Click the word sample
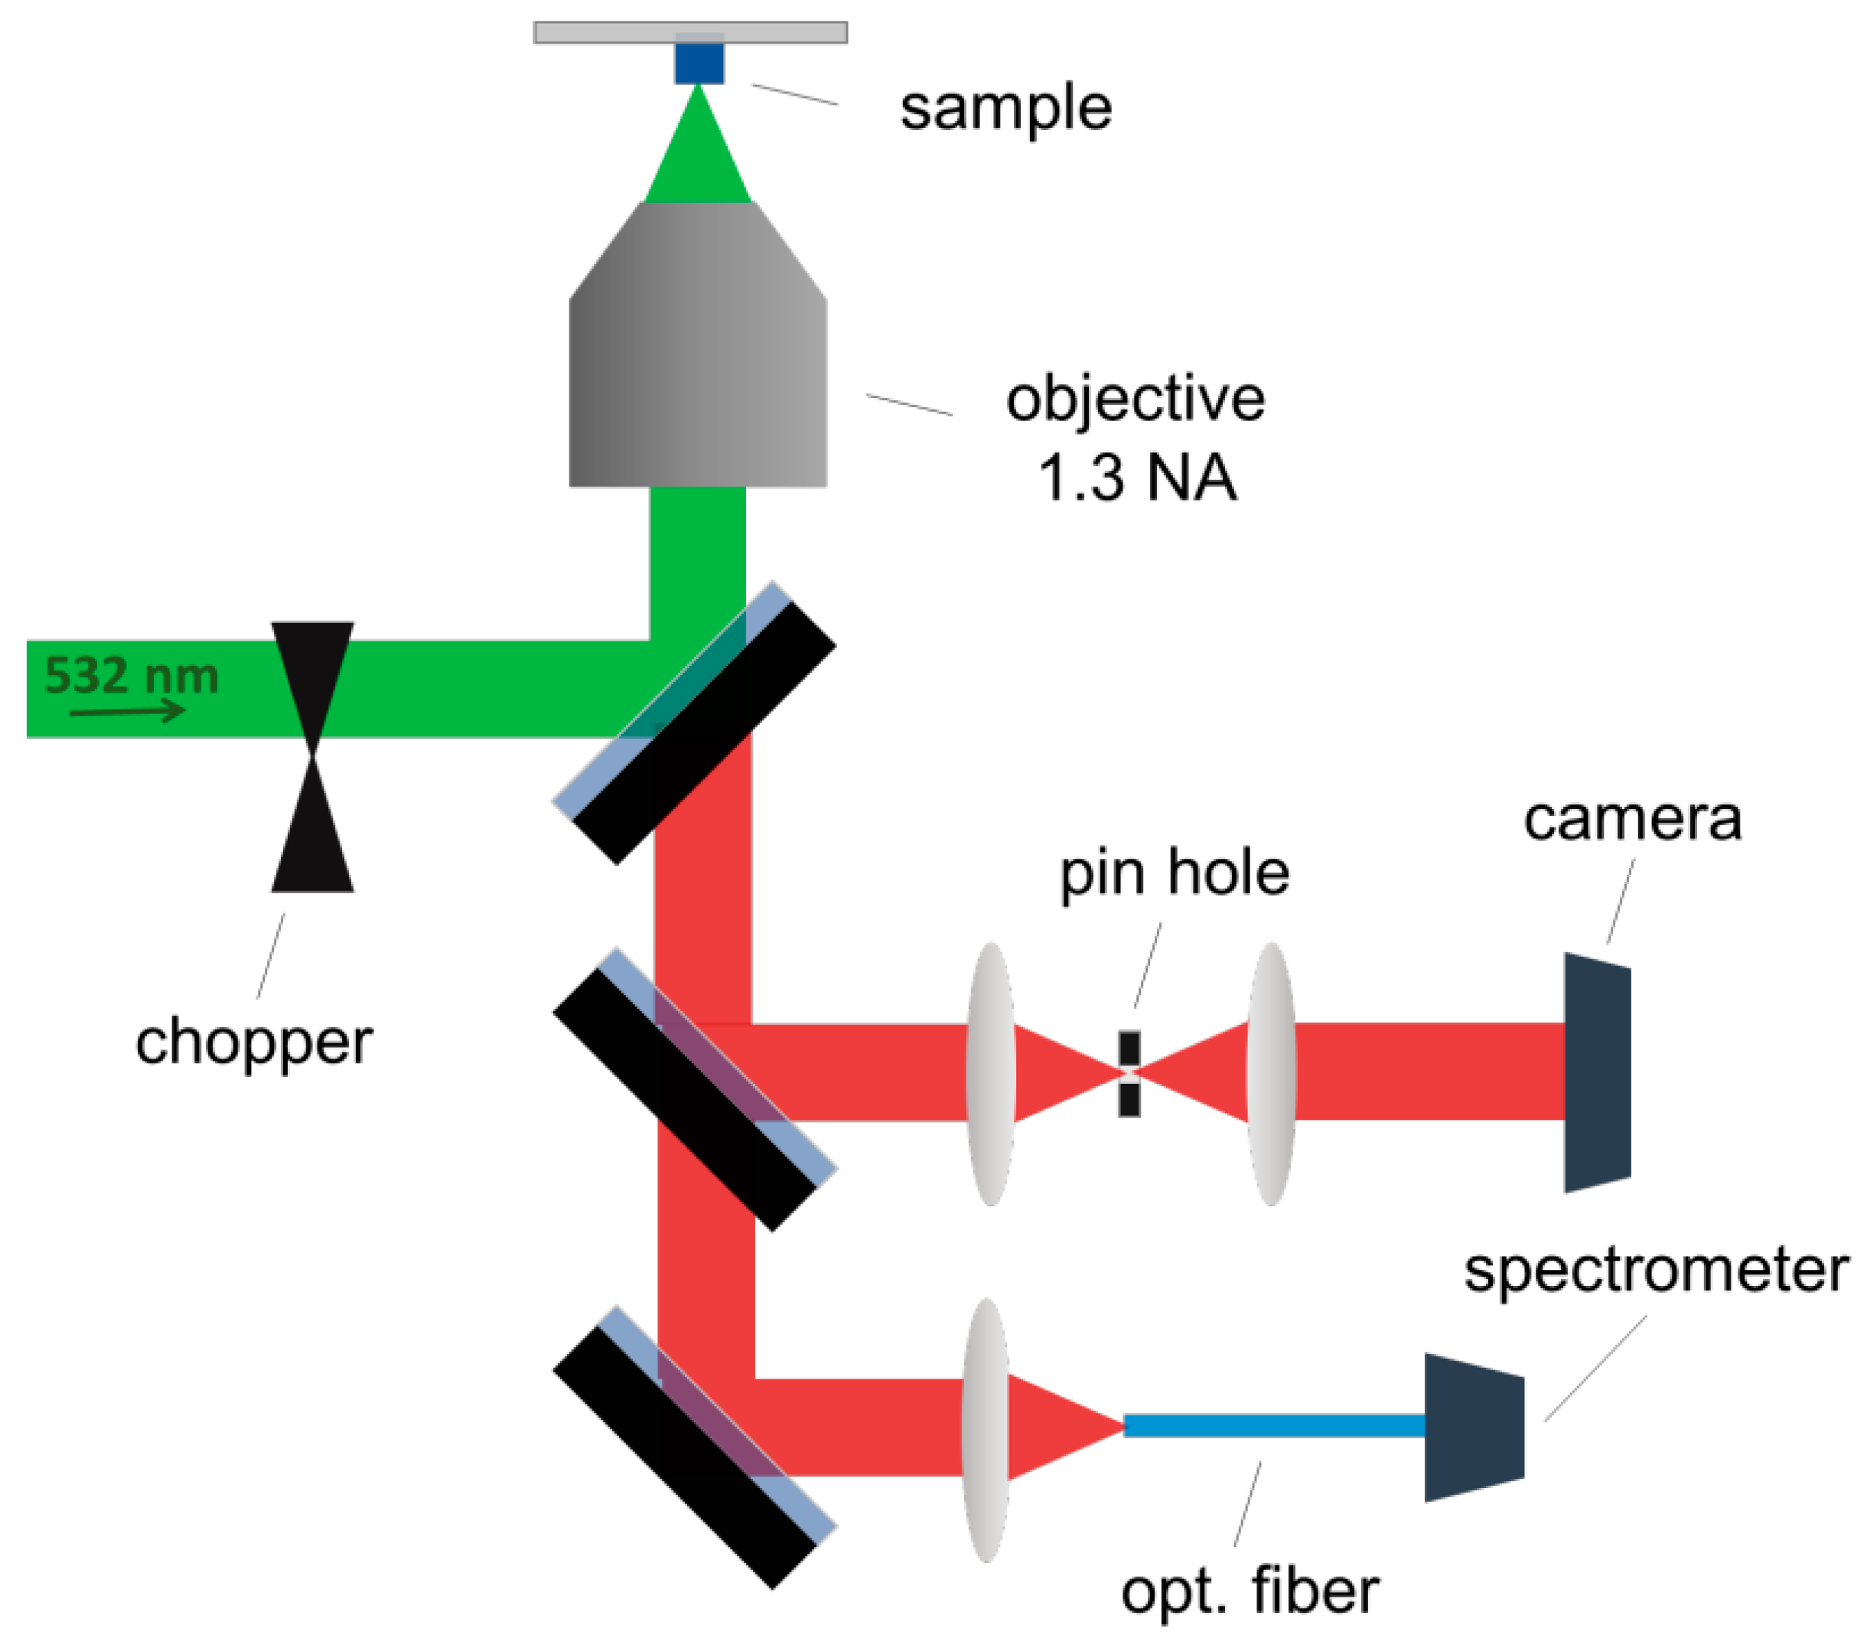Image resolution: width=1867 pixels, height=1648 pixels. [1005, 108]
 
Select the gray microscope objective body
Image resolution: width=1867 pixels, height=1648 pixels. [698, 365]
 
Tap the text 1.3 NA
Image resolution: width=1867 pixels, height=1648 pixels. [1137, 478]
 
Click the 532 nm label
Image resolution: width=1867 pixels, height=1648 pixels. [132, 675]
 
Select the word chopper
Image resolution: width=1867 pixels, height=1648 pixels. [254, 1042]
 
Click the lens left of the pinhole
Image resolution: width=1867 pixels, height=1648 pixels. [990, 1073]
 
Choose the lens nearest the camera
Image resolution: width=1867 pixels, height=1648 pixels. [1270, 1073]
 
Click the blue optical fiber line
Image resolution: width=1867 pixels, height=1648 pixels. [1274, 1425]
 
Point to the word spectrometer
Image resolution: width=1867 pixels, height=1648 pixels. [1655, 1270]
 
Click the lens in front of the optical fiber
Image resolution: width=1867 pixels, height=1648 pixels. [986, 1430]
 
